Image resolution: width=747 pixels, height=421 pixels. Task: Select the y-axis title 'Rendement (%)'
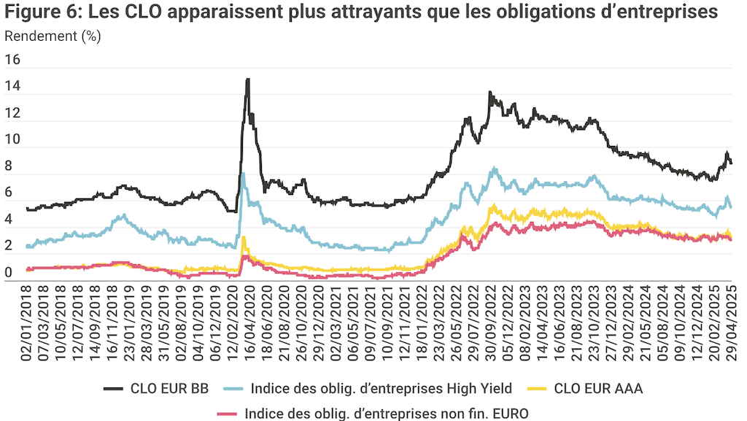[53, 36]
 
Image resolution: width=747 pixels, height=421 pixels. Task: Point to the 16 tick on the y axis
[14, 61]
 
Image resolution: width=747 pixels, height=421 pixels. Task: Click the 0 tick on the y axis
[9, 274]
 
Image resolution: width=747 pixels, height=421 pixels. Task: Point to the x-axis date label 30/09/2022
[495, 319]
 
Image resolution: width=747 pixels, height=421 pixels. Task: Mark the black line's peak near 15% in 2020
[248, 80]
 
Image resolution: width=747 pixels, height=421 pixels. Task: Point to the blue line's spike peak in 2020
[243, 174]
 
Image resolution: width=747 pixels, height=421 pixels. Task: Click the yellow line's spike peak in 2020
[244, 237]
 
